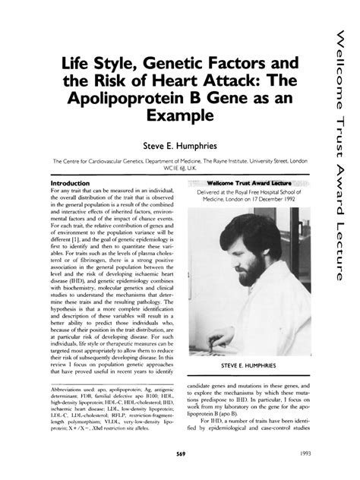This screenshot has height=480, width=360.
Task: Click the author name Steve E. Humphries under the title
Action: [x=181, y=143]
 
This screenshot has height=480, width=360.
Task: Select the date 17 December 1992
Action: [x=279, y=201]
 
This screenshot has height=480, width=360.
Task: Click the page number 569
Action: [x=180, y=452]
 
